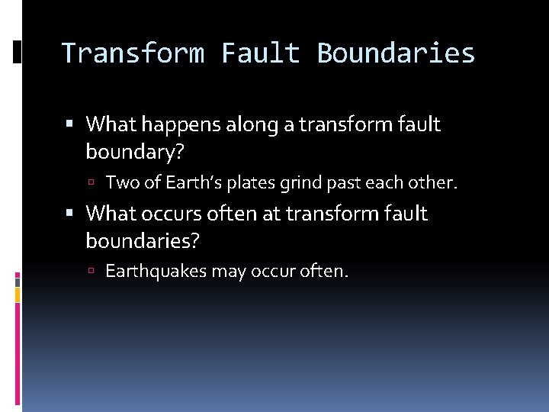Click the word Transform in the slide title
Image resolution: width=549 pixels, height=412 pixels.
(133, 53)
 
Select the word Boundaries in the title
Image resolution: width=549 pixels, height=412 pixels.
(396, 53)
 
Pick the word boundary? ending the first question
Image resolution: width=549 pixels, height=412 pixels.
(135, 153)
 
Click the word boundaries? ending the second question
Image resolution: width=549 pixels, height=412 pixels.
(143, 242)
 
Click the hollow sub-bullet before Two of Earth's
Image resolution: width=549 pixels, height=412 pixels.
(90, 183)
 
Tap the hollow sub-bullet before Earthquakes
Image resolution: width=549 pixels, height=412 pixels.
(90, 272)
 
